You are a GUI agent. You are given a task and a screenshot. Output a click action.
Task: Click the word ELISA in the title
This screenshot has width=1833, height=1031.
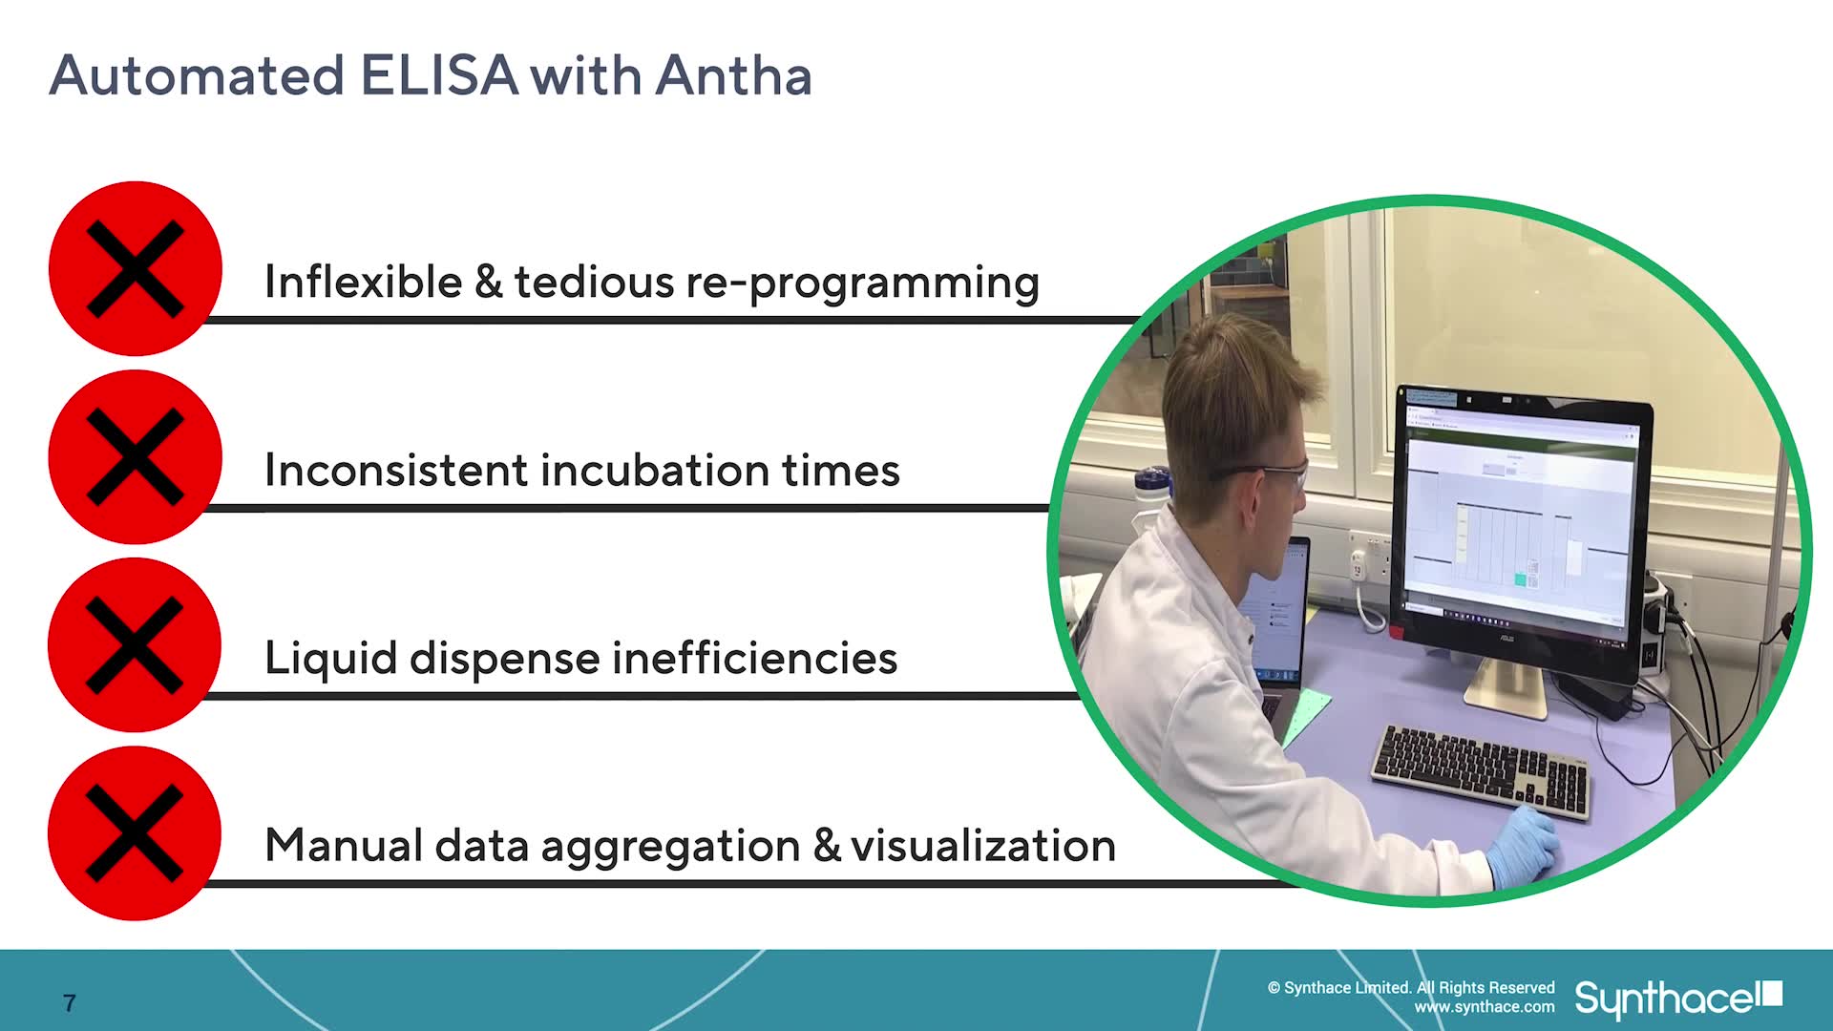click(x=439, y=75)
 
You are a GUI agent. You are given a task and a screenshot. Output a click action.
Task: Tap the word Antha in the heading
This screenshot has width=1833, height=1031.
click(x=733, y=75)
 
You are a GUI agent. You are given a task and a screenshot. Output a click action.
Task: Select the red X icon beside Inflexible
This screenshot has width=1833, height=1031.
click(x=136, y=268)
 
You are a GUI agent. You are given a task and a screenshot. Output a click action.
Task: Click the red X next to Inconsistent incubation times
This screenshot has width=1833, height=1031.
click(x=136, y=456)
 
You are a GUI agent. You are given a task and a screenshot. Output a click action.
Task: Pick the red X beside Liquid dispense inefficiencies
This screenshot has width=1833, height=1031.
click(x=135, y=644)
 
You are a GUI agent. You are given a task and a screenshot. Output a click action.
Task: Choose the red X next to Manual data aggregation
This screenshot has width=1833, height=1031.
click(x=135, y=832)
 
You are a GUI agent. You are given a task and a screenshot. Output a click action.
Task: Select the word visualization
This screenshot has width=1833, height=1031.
click(x=983, y=846)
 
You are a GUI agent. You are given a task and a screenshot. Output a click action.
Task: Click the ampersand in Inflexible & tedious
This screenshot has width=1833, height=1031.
click(x=488, y=282)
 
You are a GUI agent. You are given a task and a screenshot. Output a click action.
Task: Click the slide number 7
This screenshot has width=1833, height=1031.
click(x=69, y=1002)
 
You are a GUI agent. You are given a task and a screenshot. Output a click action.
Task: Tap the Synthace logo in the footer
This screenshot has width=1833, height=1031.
click(x=1677, y=999)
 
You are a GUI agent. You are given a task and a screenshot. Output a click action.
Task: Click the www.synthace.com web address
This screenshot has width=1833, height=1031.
click(x=1485, y=1007)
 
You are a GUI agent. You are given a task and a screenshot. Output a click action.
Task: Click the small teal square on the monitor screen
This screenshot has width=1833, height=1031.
click(x=1520, y=579)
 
